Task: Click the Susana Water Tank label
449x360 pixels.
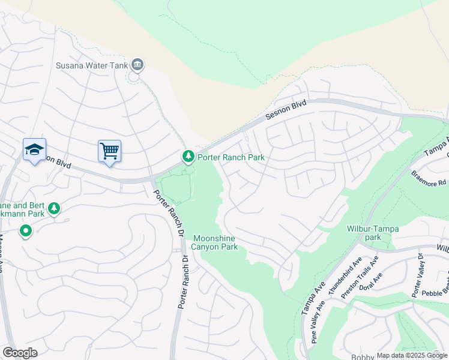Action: tap(91, 65)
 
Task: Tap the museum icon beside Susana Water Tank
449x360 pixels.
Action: tap(137, 65)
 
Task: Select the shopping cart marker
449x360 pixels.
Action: tap(109, 151)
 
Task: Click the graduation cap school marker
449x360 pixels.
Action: tap(34, 149)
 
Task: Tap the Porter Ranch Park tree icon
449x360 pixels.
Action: tap(188, 157)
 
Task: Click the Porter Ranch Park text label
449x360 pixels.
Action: tap(231, 157)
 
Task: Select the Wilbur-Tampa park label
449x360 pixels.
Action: tap(373, 233)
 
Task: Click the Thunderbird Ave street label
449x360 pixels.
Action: tap(349, 273)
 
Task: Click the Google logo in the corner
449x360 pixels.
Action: tap(20, 353)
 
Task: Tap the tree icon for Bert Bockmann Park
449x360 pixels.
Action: tap(55, 208)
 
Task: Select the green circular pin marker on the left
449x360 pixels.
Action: tap(26, 230)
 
